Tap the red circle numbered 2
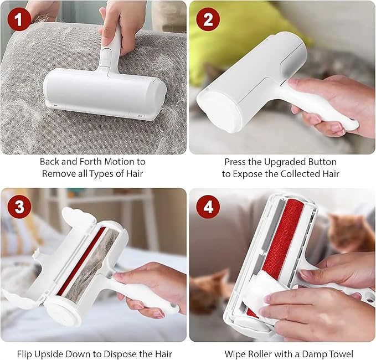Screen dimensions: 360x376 [208, 19]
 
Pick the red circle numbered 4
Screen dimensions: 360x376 [208, 208]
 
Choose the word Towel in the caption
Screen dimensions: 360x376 [339, 353]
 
